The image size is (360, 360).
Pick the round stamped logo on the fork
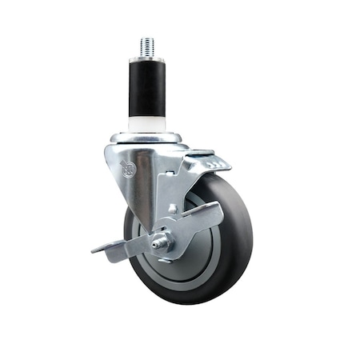[x=126, y=167]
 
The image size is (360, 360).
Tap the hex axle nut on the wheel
[x=162, y=242]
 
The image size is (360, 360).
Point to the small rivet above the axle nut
[x=173, y=209]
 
